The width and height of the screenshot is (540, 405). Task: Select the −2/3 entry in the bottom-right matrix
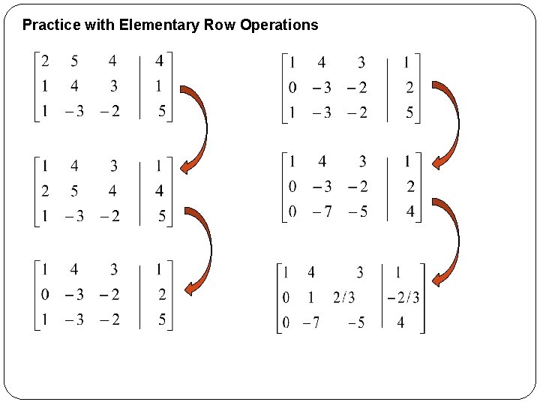(403, 298)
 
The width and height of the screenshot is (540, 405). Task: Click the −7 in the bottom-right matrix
(311, 323)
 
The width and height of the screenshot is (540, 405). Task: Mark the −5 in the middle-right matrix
(358, 211)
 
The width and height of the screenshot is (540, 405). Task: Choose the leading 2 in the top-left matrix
(45, 61)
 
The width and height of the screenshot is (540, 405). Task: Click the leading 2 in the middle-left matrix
(45, 190)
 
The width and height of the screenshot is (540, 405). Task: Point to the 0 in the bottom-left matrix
(45, 294)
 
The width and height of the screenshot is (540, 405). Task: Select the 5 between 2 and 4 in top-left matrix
(74, 61)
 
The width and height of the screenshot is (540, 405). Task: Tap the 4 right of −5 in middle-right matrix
(409, 211)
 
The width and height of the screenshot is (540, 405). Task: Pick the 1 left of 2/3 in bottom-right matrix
(310, 298)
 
